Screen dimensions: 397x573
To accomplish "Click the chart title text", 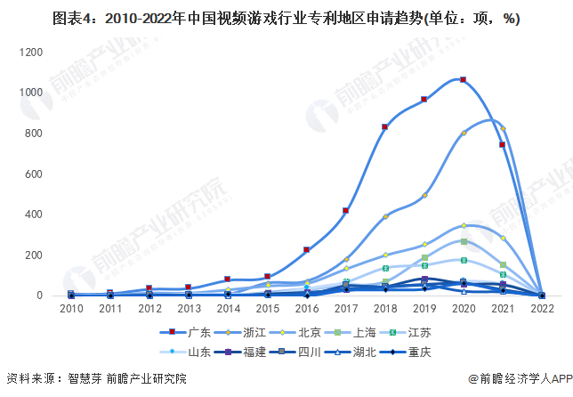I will (286, 18).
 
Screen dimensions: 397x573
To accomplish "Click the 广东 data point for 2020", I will (463, 79).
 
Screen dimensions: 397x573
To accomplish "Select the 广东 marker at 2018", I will (385, 127).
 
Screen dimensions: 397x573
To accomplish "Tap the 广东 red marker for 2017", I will (345, 211).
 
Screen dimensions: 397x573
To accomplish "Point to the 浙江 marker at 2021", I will (503, 129).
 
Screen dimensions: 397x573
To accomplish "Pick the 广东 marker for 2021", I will (503, 144).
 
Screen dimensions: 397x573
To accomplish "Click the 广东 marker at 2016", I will (306, 250).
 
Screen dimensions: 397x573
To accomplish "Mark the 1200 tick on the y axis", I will (31, 53).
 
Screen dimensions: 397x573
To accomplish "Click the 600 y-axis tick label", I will (35, 174).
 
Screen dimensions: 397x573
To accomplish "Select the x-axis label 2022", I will (542, 309).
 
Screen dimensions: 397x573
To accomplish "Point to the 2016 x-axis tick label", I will (306, 309).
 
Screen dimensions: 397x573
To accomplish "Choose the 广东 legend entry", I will (181, 332).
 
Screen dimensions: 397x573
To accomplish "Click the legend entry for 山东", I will (191, 352).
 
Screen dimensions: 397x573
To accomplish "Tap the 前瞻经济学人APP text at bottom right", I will (520, 378).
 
